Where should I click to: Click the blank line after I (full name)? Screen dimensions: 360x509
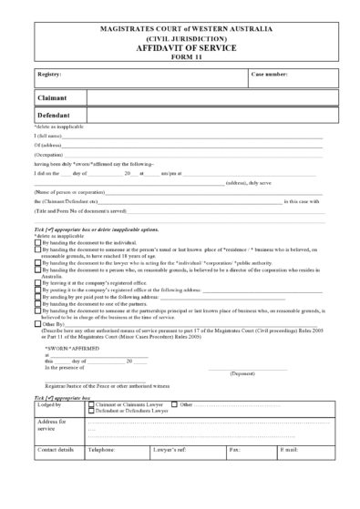(x=191, y=135)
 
